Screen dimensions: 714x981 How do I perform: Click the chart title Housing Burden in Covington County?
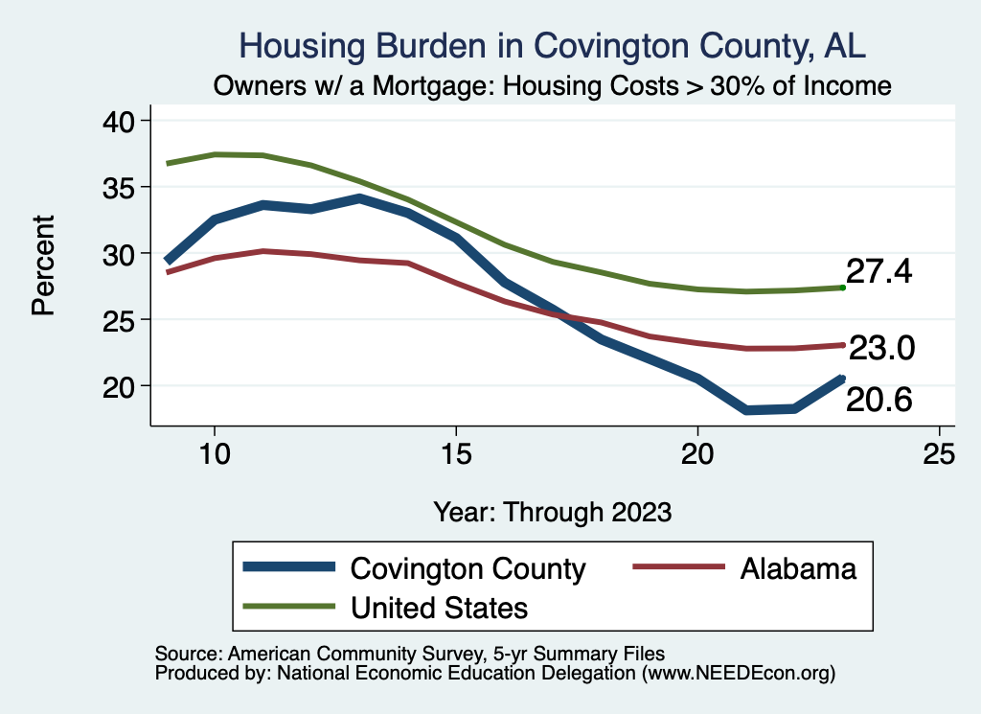pos(553,46)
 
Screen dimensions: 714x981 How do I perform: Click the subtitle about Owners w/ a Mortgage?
pos(553,86)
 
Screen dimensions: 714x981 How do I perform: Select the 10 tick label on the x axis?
pos(215,454)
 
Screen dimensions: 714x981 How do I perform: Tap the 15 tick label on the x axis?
pos(456,454)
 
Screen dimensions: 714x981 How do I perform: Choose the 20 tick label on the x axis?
pos(697,454)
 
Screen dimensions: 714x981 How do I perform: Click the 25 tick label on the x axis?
pos(939,454)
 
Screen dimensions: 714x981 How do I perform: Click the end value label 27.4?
pos(878,272)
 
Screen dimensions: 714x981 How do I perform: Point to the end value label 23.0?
pos(882,348)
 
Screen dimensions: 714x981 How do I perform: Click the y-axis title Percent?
pos(42,265)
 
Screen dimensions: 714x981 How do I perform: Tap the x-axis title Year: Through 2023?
pos(553,511)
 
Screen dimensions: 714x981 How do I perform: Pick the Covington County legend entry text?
pos(468,568)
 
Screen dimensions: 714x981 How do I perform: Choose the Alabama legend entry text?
pos(797,568)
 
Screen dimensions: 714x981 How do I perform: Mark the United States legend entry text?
pos(440,607)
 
